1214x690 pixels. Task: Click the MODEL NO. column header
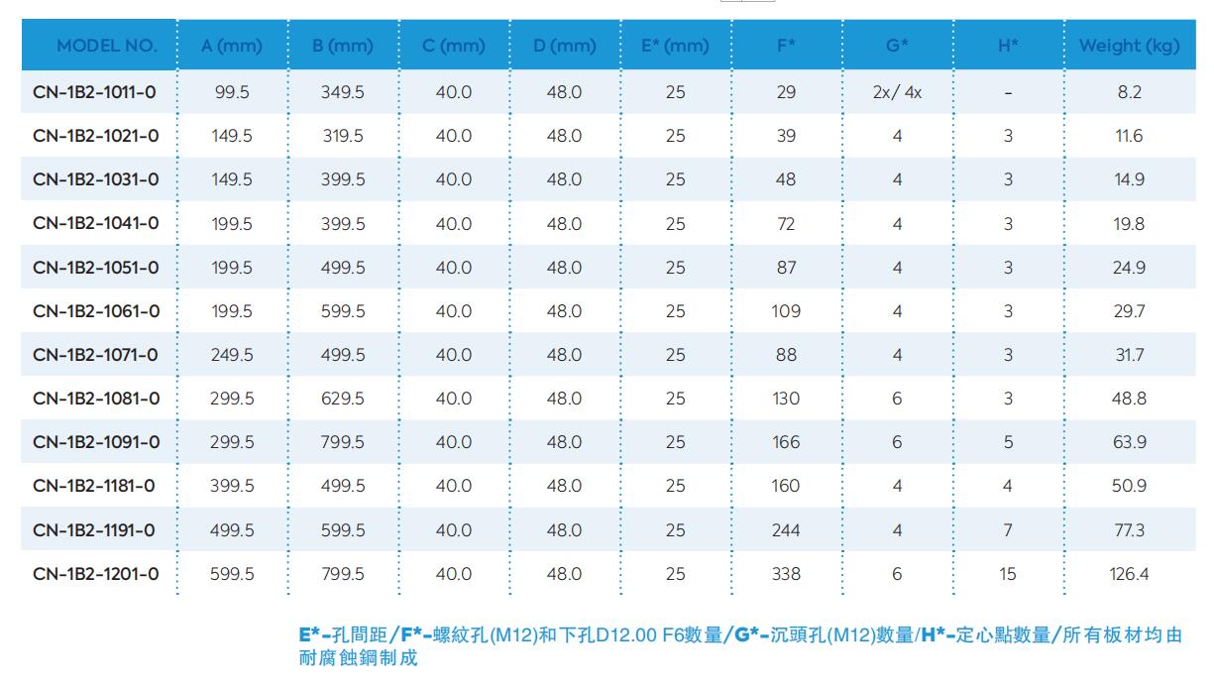coord(106,46)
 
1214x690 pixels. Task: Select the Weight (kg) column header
coord(1129,46)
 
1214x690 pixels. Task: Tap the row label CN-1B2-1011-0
coord(94,92)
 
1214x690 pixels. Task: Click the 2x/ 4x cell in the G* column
coord(897,92)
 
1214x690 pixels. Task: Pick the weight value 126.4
coord(1129,574)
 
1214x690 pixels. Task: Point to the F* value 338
coord(786,574)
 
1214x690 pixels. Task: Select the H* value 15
coord(1008,574)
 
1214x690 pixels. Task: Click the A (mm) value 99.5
coord(232,92)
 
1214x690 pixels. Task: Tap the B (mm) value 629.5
coord(343,399)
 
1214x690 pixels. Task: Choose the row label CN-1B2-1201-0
coord(95,574)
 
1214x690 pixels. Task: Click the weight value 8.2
coord(1129,92)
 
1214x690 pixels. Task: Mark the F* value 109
coord(786,311)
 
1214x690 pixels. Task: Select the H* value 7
coord(1008,530)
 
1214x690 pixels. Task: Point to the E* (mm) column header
coord(675,46)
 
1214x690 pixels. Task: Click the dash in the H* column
coord(1008,93)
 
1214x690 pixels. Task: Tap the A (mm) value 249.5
coord(232,355)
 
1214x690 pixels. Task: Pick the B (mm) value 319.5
coord(343,136)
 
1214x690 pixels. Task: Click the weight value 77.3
coord(1129,530)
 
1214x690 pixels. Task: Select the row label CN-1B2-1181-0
coord(94,486)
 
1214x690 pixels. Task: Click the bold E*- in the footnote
coord(315,635)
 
